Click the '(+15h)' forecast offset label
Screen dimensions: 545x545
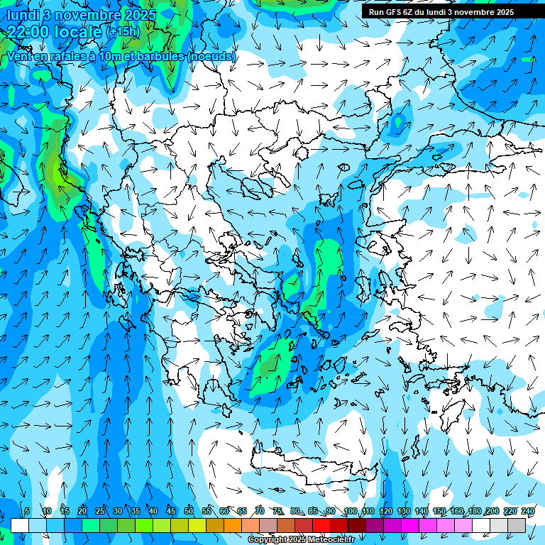coord(123,32)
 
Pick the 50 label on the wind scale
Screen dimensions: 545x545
coord(188,511)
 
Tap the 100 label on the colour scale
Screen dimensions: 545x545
coord(350,511)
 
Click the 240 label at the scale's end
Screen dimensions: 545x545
coord(527,511)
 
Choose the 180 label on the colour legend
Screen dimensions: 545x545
coord(474,511)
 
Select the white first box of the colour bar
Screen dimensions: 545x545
coord(20,525)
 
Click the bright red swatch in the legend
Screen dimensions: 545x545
coord(321,525)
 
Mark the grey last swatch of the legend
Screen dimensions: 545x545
coord(517,525)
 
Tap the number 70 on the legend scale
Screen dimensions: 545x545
coord(260,511)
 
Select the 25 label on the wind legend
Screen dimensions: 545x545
coord(99,511)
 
